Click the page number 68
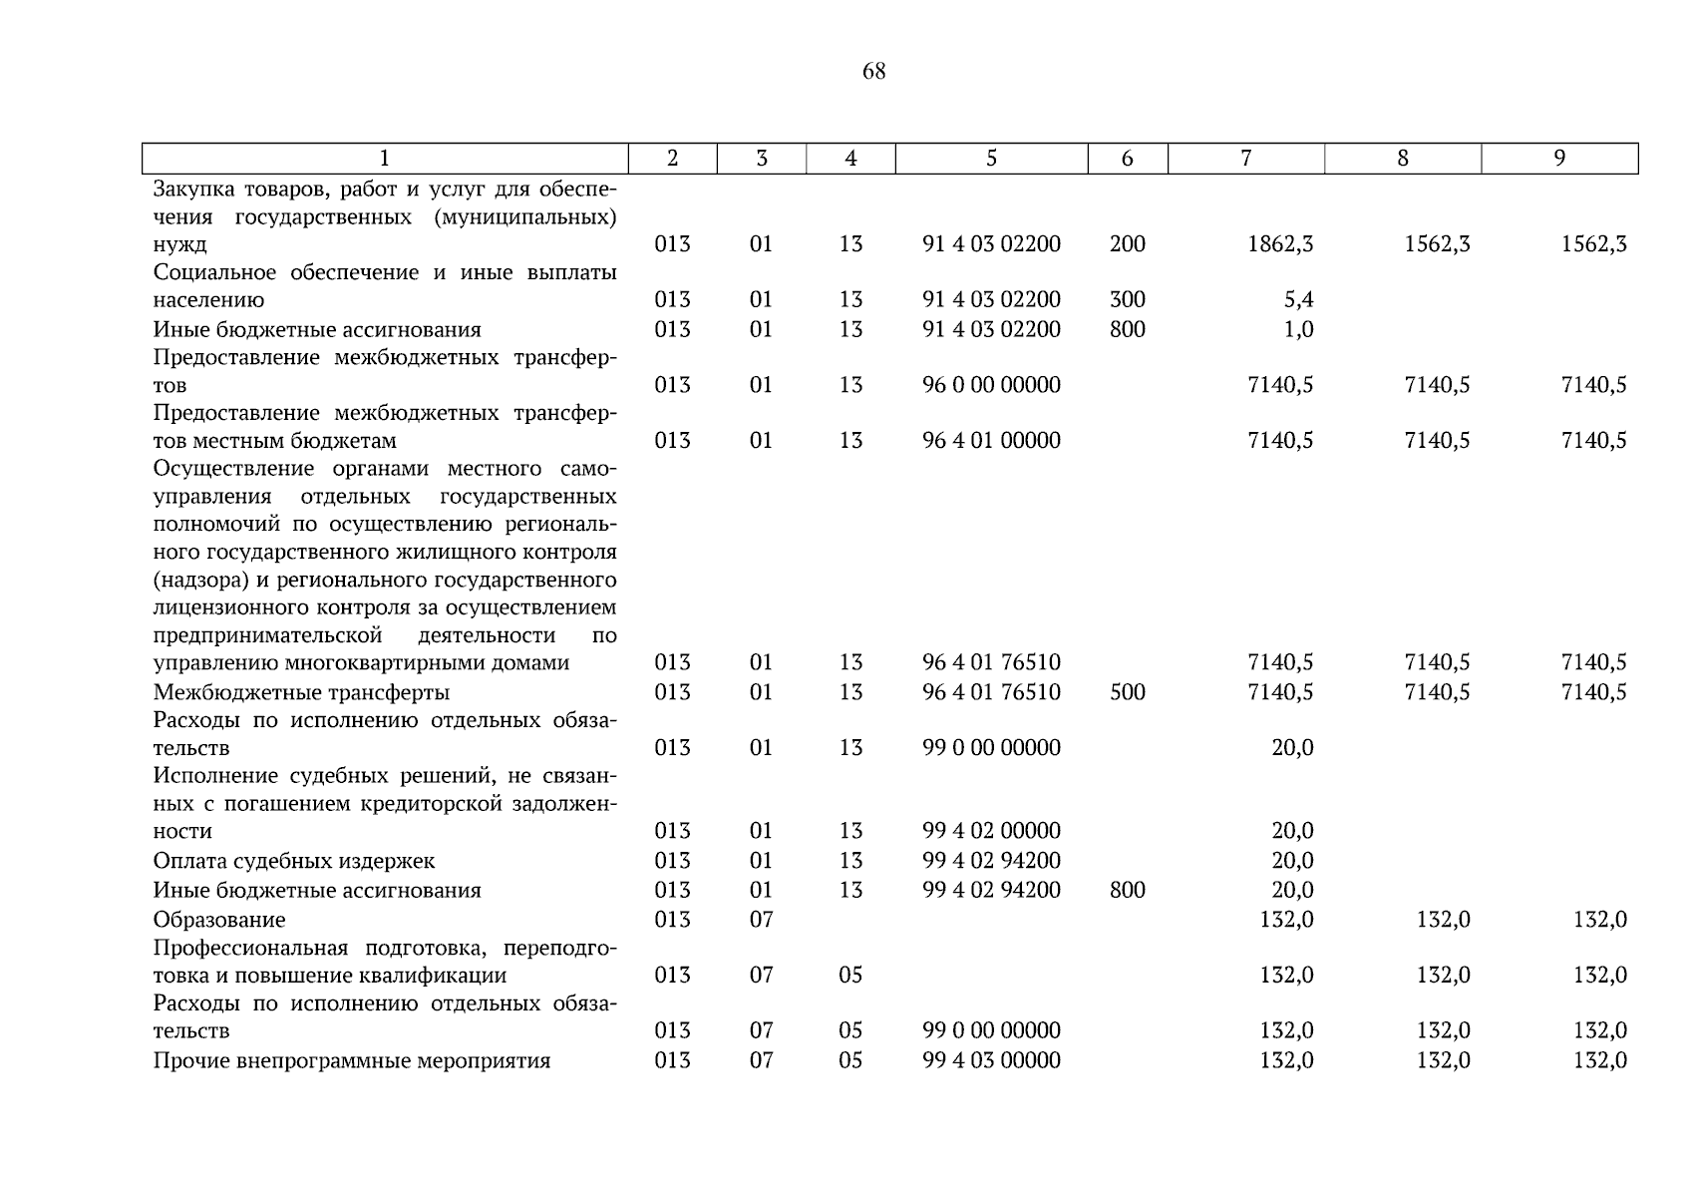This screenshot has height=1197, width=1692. tap(873, 71)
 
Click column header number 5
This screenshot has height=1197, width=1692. tap(991, 158)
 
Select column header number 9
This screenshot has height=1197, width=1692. tap(1559, 158)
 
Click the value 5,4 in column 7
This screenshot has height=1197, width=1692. tap(1298, 299)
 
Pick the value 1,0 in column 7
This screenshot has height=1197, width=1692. tap(1298, 329)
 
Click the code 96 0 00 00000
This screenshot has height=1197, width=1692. tap(991, 385)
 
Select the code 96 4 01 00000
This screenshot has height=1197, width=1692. tap(991, 440)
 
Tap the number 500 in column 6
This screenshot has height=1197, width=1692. tap(1127, 692)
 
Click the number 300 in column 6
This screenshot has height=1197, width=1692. tap(1127, 299)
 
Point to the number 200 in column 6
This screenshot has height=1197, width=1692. tap(1127, 244)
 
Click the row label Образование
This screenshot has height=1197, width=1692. tap(219, 920)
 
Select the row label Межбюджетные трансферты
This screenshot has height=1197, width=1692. tap(301, 692)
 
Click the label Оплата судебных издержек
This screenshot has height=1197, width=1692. tap(294, 861)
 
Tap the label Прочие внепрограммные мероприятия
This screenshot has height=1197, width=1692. tap(352, 1060)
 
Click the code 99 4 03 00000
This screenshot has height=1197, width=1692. tap(991, 1060)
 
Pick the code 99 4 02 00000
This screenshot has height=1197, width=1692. tap(991, 831)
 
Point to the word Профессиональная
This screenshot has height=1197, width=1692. tap(250, 948)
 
